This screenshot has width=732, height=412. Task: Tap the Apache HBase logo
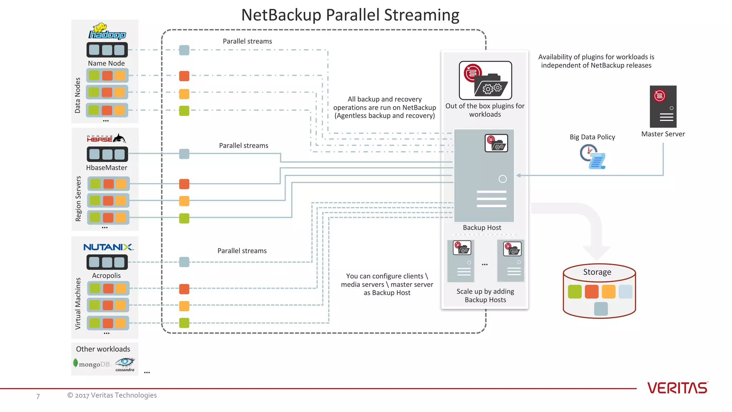pos(106,138)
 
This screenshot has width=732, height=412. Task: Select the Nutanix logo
pos(108,247)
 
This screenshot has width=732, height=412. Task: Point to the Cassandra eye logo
pos(125,364)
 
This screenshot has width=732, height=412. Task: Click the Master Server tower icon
pos(663,107)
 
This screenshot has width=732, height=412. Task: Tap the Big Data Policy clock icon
pos(592,157)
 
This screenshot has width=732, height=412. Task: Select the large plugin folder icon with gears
pos(485,80)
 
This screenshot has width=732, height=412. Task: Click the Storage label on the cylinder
pos(597,272)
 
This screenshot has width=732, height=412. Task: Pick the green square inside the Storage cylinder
pos(574,291)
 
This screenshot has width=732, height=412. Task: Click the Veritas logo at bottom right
pos(677,388)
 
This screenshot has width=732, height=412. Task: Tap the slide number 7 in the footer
pos(38,396)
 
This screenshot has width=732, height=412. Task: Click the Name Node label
pos(106,63)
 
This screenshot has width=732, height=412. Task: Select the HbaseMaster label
pos(107,168)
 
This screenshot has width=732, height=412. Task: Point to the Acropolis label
pos(106,275)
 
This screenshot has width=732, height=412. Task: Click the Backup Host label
pos(482,227)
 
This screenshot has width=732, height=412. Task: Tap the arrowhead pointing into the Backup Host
pos(519,175)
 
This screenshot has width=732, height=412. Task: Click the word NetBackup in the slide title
pos(281,15)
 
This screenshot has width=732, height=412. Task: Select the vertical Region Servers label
pos(78,198)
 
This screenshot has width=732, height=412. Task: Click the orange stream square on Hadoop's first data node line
pos(184,76)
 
